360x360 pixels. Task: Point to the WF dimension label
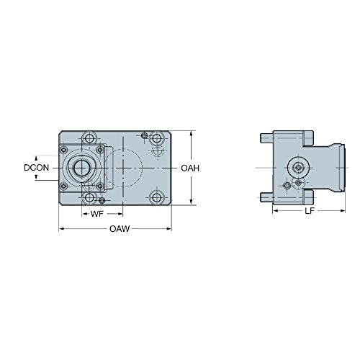[x=97, y=215]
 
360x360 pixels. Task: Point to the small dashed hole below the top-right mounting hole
[x=158, y=150]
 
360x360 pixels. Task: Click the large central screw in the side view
[x=296, y=167]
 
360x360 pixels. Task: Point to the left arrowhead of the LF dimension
[x=274, y=213]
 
